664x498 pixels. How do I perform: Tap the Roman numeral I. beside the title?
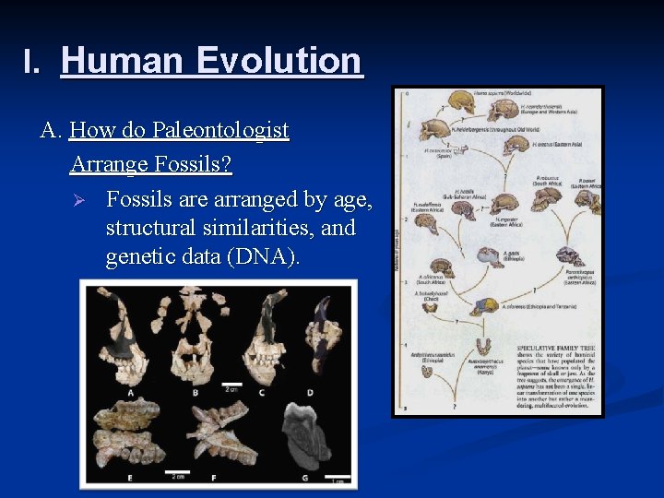click(33, 63)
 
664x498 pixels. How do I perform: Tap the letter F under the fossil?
click(214, 479)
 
